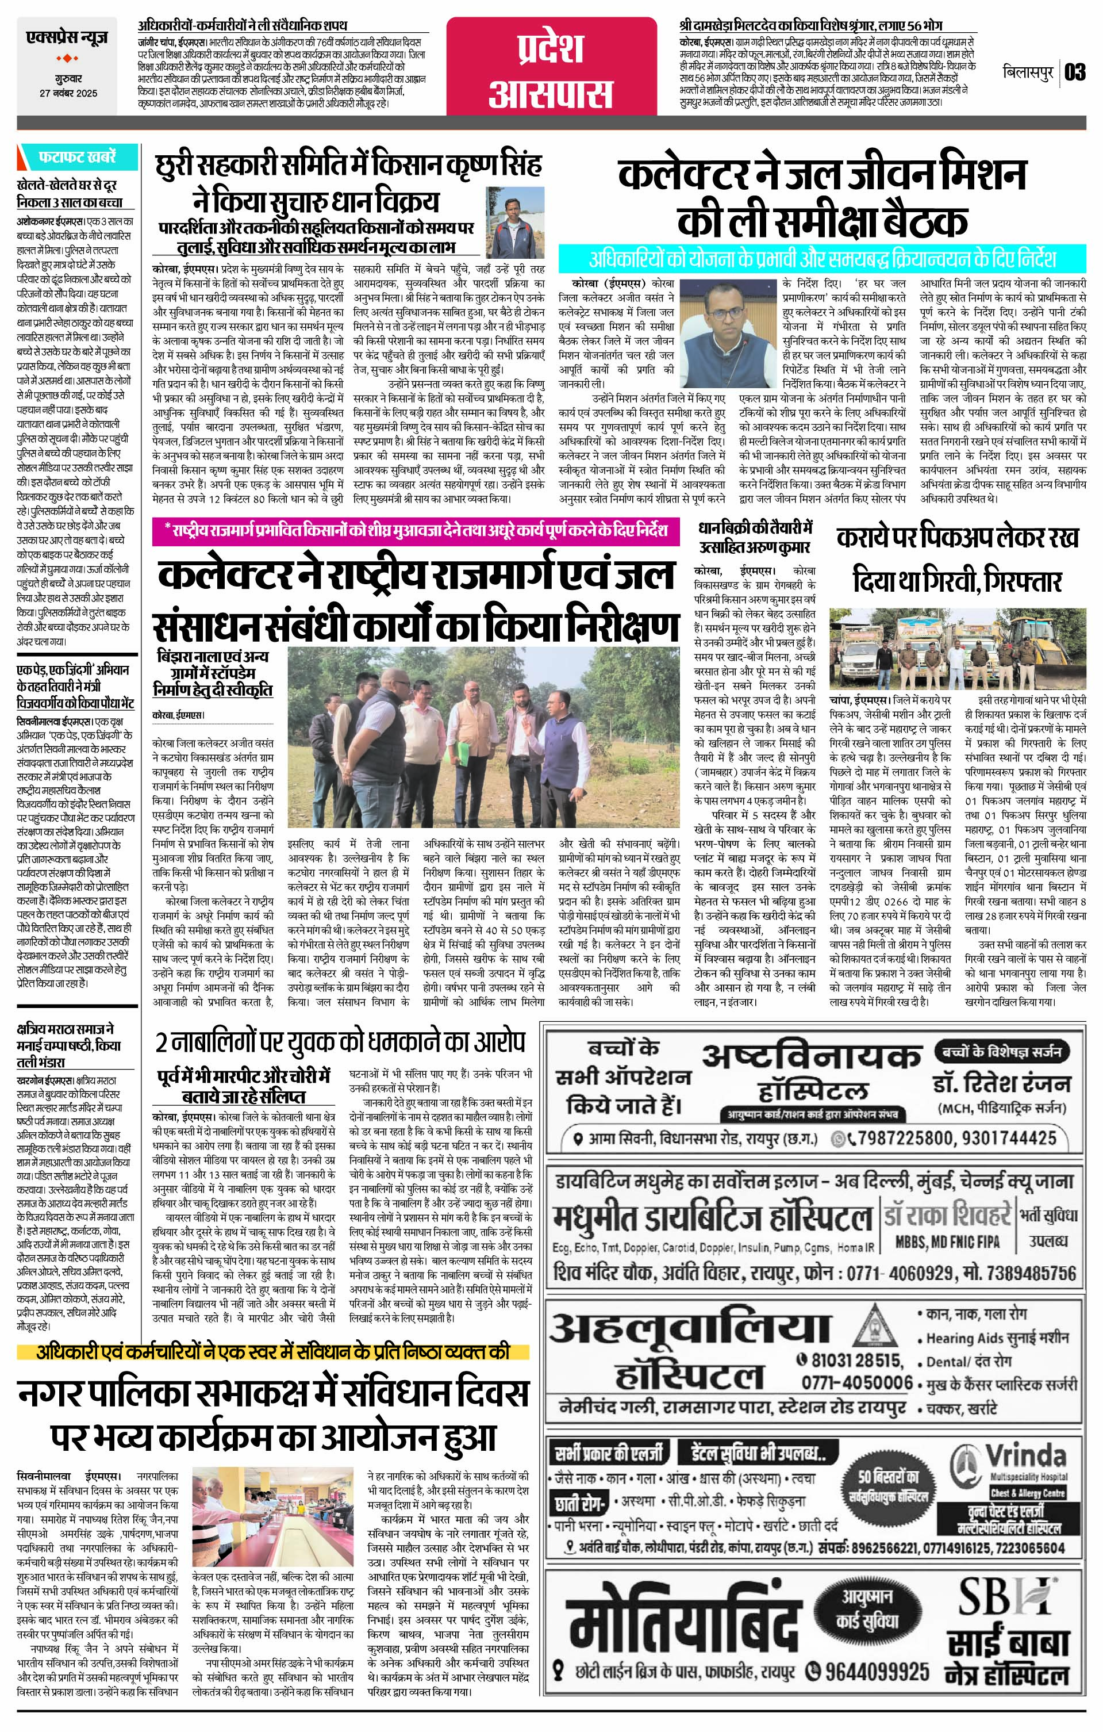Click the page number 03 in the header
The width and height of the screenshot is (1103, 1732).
click(x=1075, y=72)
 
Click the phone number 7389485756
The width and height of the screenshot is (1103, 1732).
click(x=1020, y=1273)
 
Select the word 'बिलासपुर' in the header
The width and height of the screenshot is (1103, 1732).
click(x=1028, y=72)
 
